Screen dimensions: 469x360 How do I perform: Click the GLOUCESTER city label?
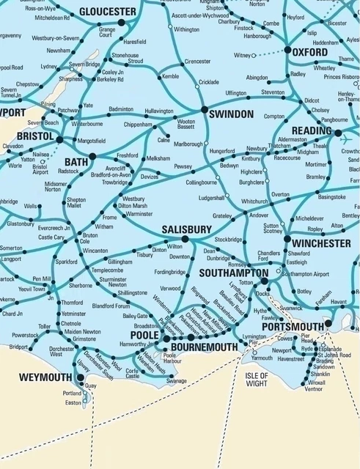[x=107, y=12]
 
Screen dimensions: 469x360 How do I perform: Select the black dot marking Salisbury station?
[x=185, y=239]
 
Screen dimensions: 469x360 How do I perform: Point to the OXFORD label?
[x=309, y=53]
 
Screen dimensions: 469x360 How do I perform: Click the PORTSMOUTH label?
[x=293, y=326]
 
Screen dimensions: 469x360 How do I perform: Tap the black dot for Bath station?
[x=92, y=156]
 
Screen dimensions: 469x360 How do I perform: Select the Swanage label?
[x=177, y=381]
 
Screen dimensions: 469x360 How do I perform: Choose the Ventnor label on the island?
[x=314, y=389]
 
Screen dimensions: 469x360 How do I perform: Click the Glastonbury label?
[x=21, y=224]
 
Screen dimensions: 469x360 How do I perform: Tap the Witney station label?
[x=243, y=55]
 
